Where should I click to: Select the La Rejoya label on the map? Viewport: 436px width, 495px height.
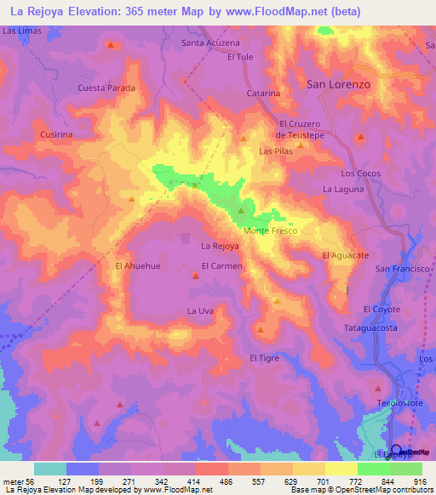coord(219,247)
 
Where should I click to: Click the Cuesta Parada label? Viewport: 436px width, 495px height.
coord(106,88)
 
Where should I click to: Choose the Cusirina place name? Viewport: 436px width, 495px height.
coord(55,134)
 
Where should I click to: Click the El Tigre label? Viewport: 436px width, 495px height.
coord(264,358)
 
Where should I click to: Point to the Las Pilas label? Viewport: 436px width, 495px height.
coord(275,151)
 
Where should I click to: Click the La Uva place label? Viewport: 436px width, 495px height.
coord(199,311)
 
